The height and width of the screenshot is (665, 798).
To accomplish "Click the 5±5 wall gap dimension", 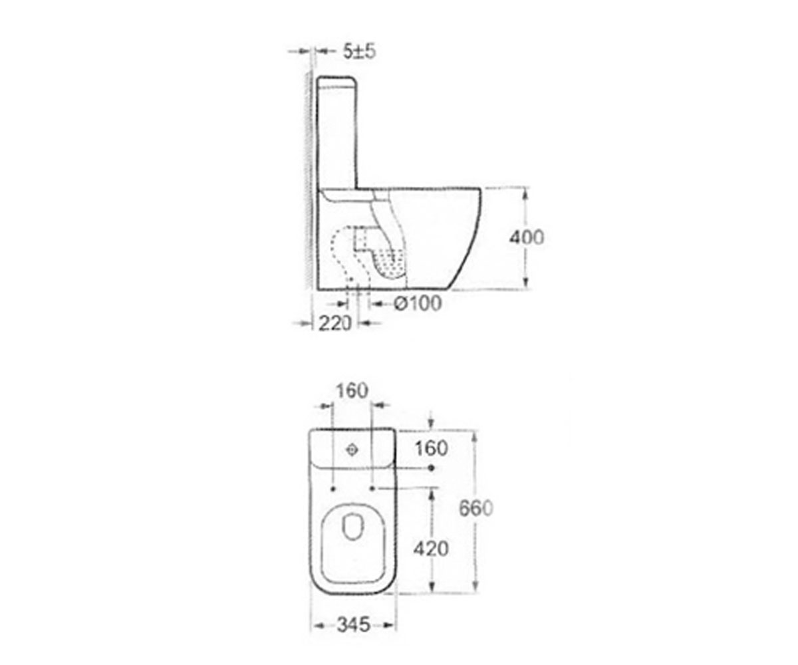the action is [x=359, y=51].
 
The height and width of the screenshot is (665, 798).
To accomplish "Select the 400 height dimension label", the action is [x=526, y=237].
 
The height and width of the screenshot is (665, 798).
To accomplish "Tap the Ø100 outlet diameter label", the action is [x=418, y=303].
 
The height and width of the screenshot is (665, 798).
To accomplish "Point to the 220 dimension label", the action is [x=334, y=323].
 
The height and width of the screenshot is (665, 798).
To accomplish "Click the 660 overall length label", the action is [x=476, y=508].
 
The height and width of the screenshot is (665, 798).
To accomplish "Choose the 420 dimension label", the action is [x=431, y=549].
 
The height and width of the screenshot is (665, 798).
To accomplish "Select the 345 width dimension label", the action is [x=354, y=625].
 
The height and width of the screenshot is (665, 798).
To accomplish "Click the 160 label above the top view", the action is [x=352, y=390].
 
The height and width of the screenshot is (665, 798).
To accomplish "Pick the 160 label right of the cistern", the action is [x=432, y=448].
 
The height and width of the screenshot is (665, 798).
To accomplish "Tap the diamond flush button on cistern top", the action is [x=352, y=450].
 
